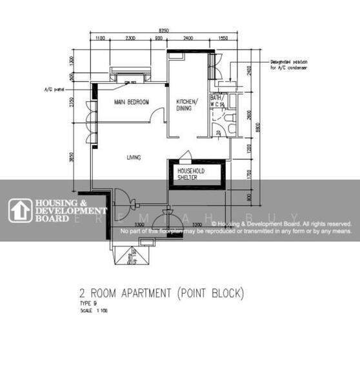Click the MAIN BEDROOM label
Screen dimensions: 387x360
click(x=132, y=103)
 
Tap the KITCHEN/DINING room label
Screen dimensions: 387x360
click(x=188, y=105)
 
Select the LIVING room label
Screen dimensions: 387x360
click(x=134, y=157)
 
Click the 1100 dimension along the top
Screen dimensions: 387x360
click(x=100, y=39)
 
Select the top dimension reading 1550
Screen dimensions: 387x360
click(x=223, y=39)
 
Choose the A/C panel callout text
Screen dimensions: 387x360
click(x=52, y=89)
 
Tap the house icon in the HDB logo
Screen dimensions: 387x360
click(x=21, y=211)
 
